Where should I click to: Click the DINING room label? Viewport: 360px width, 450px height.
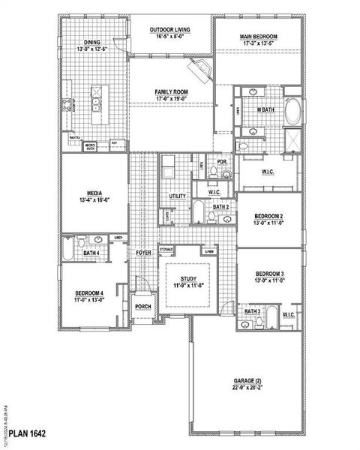[x=93, y=44]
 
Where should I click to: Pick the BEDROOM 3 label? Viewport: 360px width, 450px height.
[x=268, y=275]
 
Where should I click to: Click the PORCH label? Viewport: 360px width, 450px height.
[x=142, y=306]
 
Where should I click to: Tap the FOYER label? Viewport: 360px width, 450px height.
[x=144, y=253]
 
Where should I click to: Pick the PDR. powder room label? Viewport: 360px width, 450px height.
[x=222, y=161]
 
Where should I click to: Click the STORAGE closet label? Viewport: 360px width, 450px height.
[x=166, y=249]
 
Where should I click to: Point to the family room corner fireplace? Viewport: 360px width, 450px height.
[x=199, y=73]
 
